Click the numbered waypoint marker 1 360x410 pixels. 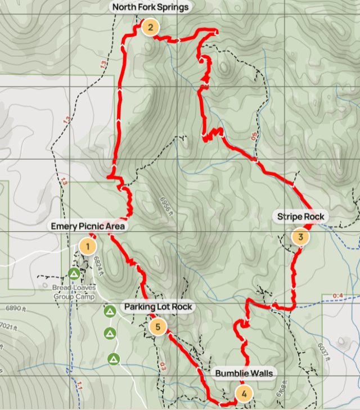[x=87, y=246]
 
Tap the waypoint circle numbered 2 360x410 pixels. [x=150, y=26]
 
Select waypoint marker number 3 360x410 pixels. [x=300, y=237]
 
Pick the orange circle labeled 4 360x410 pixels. [x=244, y=394]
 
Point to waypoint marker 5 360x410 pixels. [x=158, y=326]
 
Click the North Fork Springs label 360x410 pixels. [x=150, y=7]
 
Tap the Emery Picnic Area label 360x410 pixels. [x=88, y=226]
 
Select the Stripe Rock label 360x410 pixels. [x=300, y=217]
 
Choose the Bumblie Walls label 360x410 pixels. [x=244, y=373]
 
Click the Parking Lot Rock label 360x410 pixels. [x=158, y=307]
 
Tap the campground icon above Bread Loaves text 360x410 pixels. [x=74, y=274]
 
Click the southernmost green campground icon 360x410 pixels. [x=114, y=358]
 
